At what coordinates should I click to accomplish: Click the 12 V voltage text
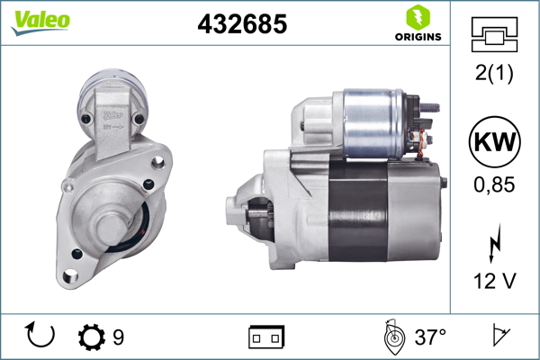coord(493,282)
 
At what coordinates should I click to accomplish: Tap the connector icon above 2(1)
coord(493,34)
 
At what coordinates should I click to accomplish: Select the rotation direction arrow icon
coord(40,337)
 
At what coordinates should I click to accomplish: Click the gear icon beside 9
coord(91,338)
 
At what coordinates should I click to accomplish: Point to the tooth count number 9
coord(118,338)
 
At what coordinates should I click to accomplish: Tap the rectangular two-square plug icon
coord(266,338)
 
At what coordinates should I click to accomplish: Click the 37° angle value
coord(430,338)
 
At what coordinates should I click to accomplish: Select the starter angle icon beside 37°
coord(392,337)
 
